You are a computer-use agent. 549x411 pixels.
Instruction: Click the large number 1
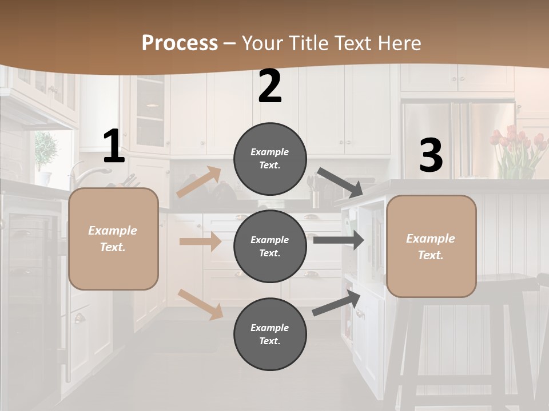coord(114,147)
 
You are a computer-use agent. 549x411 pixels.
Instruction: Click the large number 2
coord(270,87)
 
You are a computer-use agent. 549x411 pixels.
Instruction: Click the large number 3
coord(431,156)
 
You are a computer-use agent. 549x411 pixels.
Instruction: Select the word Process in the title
coord(180,43)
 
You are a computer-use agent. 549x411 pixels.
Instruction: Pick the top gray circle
coord(270,159)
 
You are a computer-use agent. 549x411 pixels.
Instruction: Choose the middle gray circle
coord(270,246)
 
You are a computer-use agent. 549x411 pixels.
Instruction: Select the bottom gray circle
coord(270,334)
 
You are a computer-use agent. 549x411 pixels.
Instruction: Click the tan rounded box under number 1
coord(113,239)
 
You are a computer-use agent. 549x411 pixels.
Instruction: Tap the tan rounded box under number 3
coord(431,246)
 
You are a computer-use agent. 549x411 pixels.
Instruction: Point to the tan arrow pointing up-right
coord(199,182)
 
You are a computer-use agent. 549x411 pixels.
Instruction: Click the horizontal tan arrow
coord(200,241)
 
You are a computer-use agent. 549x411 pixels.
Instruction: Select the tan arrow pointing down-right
coord(200,304)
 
